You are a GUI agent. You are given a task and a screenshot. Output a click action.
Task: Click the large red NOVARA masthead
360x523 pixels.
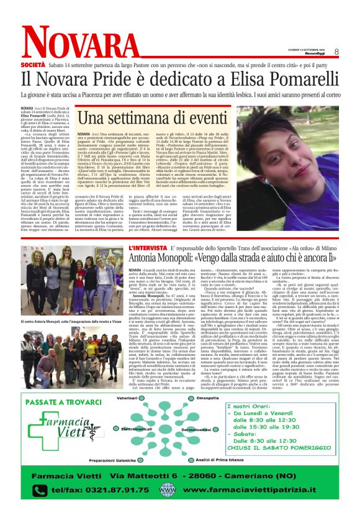[x=74, y=43]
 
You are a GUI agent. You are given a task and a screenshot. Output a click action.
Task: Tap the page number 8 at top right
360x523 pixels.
[x=336, y=51]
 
